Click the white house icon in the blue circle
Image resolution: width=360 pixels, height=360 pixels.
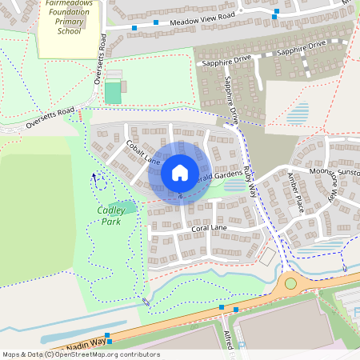click(x=180, y=173)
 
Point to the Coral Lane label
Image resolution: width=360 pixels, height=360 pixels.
click(x=210, y=228)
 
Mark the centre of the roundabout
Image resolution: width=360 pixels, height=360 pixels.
click(x=290, y=283)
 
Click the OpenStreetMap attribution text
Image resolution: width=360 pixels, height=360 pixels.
click(x=80, y=354)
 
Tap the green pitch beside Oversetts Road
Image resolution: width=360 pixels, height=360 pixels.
click(x=114, y=92)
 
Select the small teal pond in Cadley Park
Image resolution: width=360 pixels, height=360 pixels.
click(x=129, y=207)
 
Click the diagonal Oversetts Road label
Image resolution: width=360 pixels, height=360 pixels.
click(x=50, y=118)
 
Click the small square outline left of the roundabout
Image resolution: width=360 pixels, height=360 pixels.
click(x=267, y=258)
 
